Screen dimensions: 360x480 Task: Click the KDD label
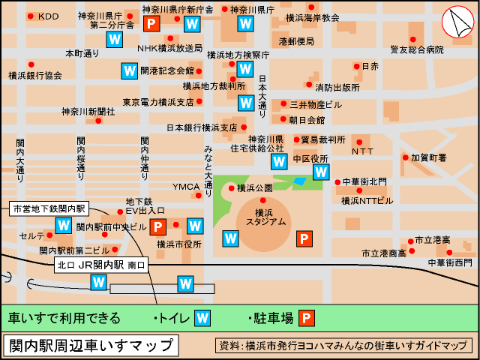pyautogui.click(x=48, y=16)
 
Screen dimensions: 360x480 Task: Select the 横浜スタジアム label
pyautogui.click(x=270, y=217)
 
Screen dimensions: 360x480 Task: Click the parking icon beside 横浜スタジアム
pyautogui.click(x=304, y=239)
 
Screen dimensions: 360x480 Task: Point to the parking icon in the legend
pyautogui.click(x=307, y=319)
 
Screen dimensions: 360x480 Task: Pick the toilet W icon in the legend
pyautogui.click(x=202, y=319)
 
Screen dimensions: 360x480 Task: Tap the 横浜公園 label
pyautogui.click(x=253, y=187)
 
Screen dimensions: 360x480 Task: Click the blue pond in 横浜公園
pyautogui.click(x=299, y=181)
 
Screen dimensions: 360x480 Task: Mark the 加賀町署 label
pyautogui.click(x=428, y=158)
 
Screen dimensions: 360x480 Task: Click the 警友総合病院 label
pyautogui.click(x=417, y=49)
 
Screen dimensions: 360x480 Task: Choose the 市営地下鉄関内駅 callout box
pyautogui.click(x=50, y=208)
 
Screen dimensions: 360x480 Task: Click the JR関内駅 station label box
pyautogui.click(x=101, y=265)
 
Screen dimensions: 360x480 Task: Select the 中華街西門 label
pyautogui.click(x=450, y=262)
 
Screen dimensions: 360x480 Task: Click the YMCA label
pyautogui.click(x=186, y=187)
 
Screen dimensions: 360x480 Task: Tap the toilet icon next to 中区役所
pyautogui.click(x=321, y=172)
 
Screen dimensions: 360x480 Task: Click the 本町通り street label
pyautogui.click(x=82, y=53)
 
